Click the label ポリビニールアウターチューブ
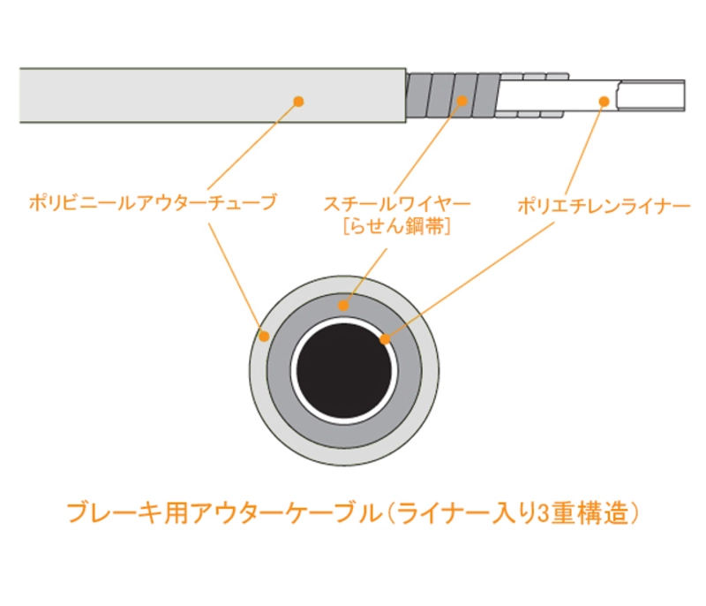[153, 203]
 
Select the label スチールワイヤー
[396, 205]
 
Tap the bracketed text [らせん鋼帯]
[396, 227]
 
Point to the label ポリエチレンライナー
[604, 207]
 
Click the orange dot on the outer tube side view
[298, 102]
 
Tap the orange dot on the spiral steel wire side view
[462, 101]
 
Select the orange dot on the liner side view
[605, 102]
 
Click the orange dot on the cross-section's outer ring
[265, 336]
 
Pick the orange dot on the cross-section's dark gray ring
[343, 306]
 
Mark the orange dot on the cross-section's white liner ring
[385, 339]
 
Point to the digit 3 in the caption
[544, 514]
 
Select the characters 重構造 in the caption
[589, 514]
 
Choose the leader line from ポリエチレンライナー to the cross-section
[469, 280]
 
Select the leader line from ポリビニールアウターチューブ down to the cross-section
[236, 277]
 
